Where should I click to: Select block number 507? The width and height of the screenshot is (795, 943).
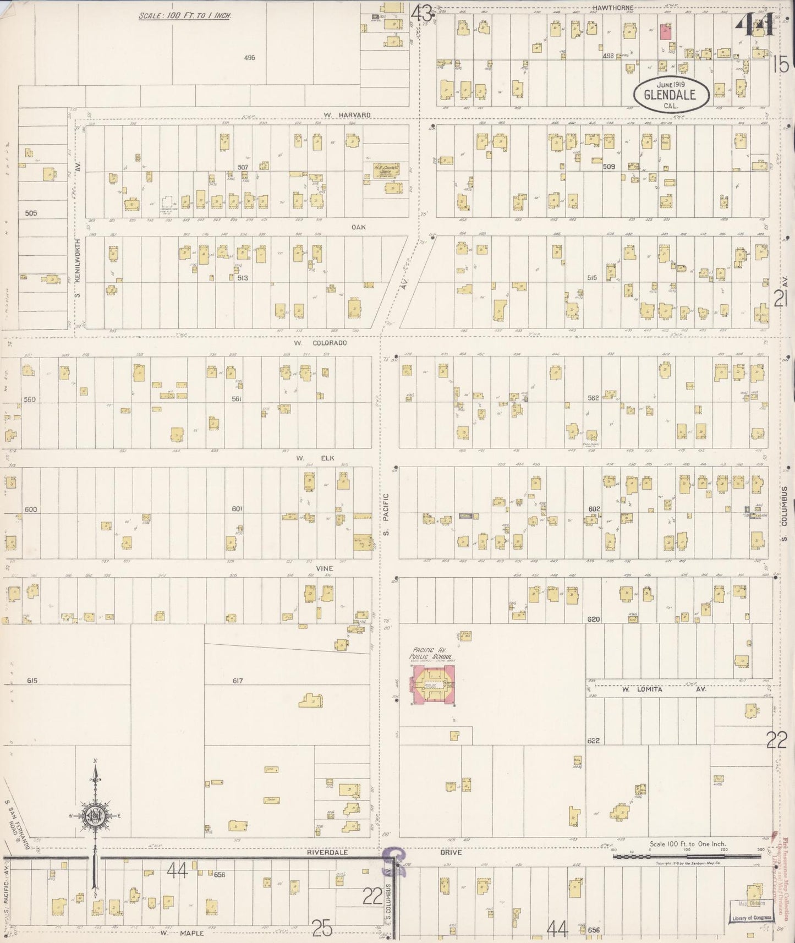[243, 167]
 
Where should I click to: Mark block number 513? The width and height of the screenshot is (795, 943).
[243, 278]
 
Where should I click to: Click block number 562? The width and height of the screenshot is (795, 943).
[593, 398]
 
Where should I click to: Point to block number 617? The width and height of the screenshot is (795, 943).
[237, 681]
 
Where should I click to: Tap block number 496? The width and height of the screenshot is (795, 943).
[249, 57]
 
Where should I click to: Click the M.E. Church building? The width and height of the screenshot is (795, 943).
[386, 171]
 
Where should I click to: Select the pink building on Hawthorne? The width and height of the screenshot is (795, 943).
[666, 31]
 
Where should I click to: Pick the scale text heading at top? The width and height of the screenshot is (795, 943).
[184, 15]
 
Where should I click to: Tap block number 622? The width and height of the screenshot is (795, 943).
[593, 741]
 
